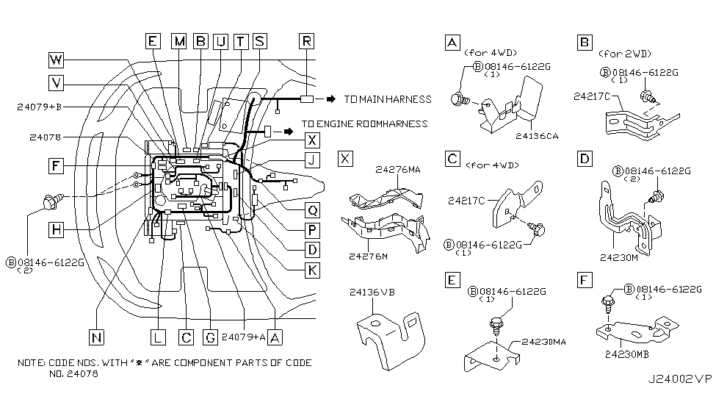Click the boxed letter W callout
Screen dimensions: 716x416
(56, 60)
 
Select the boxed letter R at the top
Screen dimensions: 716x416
(306, 41)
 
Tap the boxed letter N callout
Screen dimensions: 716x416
(96, 338)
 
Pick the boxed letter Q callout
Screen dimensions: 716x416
(312, 210)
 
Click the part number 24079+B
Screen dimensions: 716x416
(39, 107)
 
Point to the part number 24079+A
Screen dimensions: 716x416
(243, 337)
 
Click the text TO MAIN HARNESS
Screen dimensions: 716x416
(388, 99)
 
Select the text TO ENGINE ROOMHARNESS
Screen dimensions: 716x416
(365, 124)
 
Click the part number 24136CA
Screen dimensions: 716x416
(537, 136)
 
